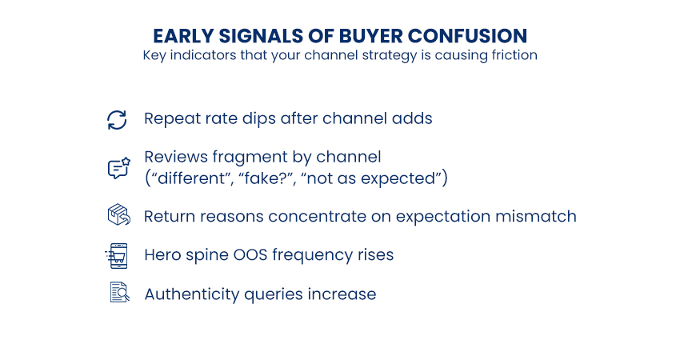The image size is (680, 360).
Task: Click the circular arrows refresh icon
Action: (x=117, y=120)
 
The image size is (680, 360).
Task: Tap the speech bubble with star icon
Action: (x=119, y=168)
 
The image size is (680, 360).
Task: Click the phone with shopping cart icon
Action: (x=117, y=256)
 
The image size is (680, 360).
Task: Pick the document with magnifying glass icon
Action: (x=120, y=292)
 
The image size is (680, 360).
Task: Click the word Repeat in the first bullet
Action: (x=173, y=119)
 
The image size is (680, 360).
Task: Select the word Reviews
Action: (x=176, y=157)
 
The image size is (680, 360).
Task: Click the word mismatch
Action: (x=536, y=217)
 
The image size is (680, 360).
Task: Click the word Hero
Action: (x=162, y=254)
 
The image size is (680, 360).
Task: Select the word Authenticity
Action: (x=192, y=294)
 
